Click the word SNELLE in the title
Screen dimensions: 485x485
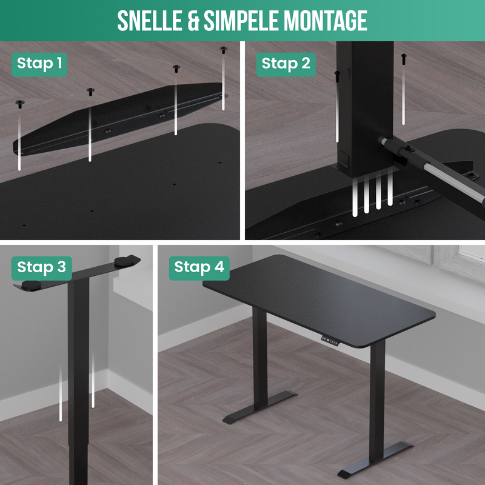pos(150,21)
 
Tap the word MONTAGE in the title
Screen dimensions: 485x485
pos(326,21)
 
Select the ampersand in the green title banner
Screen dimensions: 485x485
pos(193,21)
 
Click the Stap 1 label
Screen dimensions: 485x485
pos(39,64)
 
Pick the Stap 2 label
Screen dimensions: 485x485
pos(286,64)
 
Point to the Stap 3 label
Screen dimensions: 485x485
pos(41,268)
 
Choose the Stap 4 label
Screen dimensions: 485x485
pos(199,268)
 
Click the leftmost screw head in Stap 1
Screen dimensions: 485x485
pos(20,104)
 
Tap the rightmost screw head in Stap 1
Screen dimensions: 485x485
pos(223,50)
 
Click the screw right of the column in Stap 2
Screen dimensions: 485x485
pos(404,59)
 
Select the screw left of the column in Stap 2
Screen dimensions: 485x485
pos(337,76)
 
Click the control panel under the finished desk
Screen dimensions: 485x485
pos(330,341)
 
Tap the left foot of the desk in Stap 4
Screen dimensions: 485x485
pos(259,407)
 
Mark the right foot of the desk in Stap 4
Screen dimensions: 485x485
pos(375,460)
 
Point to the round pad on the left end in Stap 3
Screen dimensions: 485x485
pos(31,285)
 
